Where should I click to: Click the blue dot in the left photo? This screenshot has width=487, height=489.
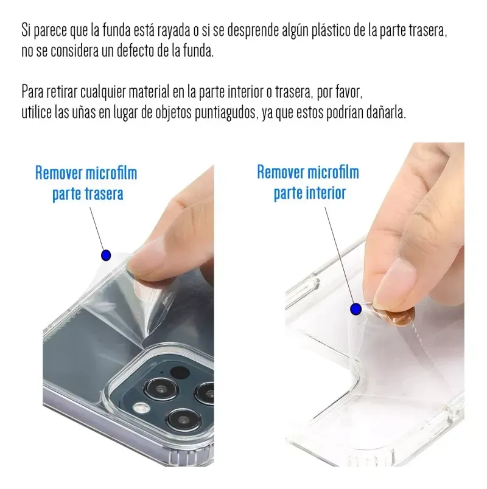pos(106,255)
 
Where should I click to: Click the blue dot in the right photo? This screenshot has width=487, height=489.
pos(356,310)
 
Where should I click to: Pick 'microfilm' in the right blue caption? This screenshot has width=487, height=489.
pos(334,172)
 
